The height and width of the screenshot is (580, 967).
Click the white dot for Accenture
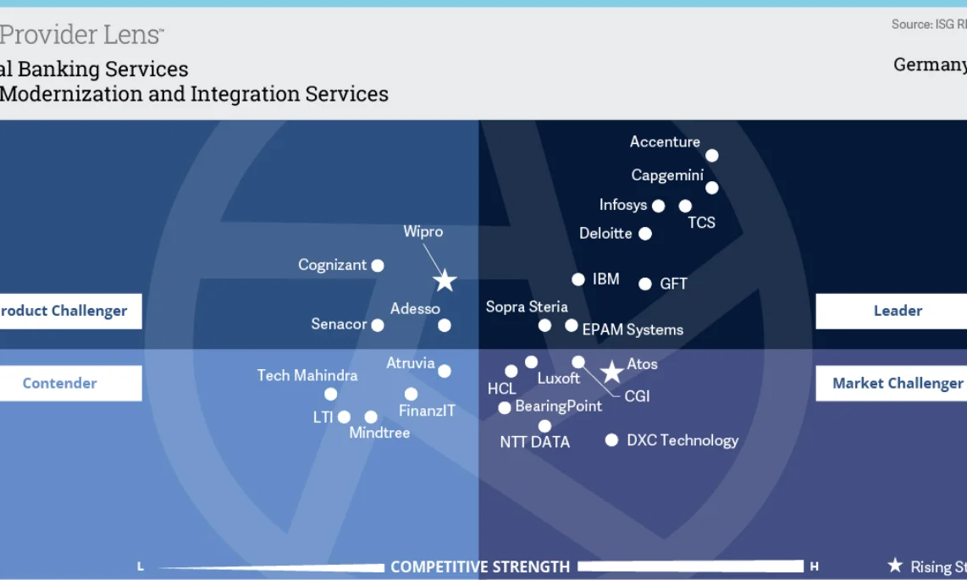[x=711, y=156]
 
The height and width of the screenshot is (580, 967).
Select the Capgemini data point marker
[x=711, y=188]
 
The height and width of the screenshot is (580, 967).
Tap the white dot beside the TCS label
[x=685, y=206]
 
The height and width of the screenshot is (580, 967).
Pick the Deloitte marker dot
[x=645, y=234]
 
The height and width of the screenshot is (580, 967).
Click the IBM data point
[x=578, y=279]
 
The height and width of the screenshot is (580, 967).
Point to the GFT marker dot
[x=645, y=284]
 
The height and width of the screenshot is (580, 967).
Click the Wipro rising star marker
[x=445, y=281]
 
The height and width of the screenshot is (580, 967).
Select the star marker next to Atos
[x=611, y=372]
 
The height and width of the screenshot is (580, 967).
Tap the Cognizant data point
[x=378, y=266]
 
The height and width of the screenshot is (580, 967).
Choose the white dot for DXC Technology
[x=611, y=440]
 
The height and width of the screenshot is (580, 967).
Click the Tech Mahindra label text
[x=307, y=375]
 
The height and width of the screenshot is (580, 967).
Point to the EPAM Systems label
[x=633, y=329]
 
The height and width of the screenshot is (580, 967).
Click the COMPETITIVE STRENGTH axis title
[x=480, y=566]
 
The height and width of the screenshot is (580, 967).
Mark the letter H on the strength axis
[x=815, y=566]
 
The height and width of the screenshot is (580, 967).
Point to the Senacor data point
[x=378, y=325]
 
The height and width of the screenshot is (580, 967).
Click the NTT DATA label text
[x=534, y=442]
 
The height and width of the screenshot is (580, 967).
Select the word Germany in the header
[x=930, y=65]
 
